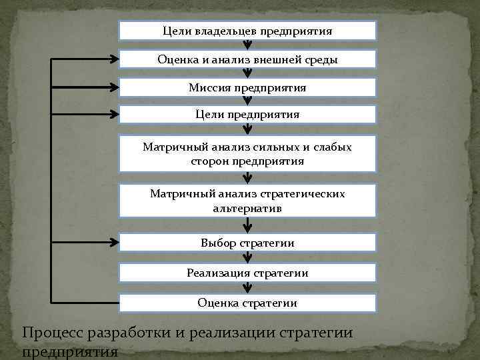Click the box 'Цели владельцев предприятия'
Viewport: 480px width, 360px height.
coord(247,31)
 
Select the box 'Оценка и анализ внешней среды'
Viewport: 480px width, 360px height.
coord(247,59)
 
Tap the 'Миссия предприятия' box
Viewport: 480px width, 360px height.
coord(247,87)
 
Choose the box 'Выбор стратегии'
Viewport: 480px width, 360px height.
coord(247,243)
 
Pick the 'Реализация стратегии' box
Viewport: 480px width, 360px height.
coord(247,273)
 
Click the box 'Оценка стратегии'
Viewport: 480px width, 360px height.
coord(247,303)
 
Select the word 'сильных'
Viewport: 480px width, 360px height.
coord(265,147)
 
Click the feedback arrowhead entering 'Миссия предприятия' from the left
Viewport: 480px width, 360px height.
coord(114,87)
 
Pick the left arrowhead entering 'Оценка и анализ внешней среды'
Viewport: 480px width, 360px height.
coord(114,59)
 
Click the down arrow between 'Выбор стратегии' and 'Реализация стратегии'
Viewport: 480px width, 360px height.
coord(247,258)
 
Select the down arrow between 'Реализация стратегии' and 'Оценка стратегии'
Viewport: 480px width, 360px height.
coord(247,288)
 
